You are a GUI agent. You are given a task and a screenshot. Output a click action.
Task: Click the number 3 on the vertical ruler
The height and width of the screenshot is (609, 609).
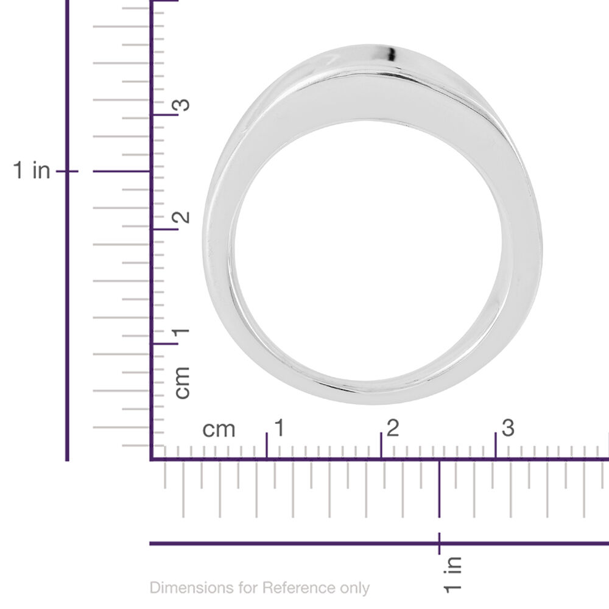(x=181, y=105)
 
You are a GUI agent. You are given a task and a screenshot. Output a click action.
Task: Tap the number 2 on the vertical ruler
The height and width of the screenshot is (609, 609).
(x=181, y=217)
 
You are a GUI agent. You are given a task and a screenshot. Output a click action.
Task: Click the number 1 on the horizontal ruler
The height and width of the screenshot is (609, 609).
(x=280, y=428)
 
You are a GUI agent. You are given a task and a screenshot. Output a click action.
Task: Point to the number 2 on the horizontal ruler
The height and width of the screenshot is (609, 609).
(x=393, y=428)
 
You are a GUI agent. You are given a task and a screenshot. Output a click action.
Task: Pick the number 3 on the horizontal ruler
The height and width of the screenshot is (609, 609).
(x=508, y=428)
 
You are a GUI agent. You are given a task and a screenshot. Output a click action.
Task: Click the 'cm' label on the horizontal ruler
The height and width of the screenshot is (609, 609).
(x=219, y=430)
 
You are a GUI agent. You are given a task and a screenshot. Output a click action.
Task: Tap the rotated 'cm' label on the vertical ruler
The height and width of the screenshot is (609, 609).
(x=182, y=382)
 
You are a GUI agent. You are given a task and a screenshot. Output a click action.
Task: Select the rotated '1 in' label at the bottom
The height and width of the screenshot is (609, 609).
(x=452, y=575)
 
